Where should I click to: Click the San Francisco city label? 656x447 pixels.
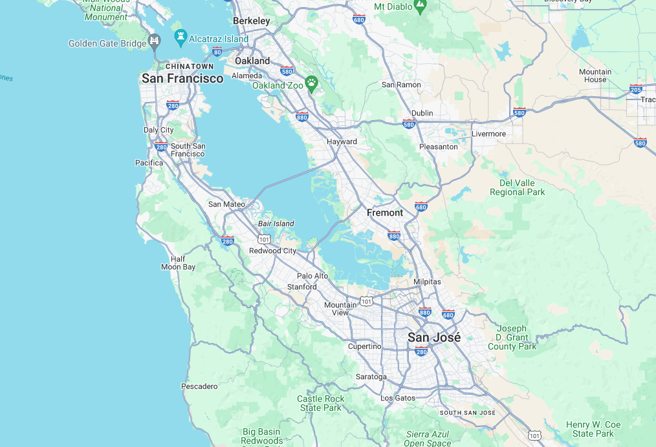[x=182, y=78]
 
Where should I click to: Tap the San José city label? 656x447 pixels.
[x=434, y=337]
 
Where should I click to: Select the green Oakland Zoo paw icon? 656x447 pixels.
[x=312, y=83]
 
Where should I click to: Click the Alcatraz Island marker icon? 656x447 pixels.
[x=180, y=36]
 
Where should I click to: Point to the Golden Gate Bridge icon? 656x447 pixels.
[x=154, y=41]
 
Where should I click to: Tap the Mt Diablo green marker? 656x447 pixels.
[x=421, y=6]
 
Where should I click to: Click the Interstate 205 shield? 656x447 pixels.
[x=635, y=88]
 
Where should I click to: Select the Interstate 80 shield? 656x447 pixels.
[x=217, y=51]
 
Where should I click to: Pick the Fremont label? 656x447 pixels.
[x=384, y=213]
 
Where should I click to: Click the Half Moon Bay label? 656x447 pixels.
[x=178, y=263]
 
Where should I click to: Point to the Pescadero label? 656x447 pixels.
[x=199, y=386]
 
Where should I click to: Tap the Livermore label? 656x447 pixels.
[x=488, y=134]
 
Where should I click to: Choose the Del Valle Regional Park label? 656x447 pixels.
[x=517, y=187]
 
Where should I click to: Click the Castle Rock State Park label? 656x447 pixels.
[x=320, y=403]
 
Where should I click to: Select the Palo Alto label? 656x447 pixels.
[x=312, y=276]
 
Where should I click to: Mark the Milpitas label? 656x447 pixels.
[x=427, y=282]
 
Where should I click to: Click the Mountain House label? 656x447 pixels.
[x=595, y=76]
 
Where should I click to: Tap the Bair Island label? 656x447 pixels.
[x=276, y=224]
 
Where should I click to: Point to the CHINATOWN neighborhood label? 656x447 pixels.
[x=189, y=66]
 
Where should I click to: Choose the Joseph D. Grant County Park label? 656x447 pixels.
[x=512, y=337]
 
